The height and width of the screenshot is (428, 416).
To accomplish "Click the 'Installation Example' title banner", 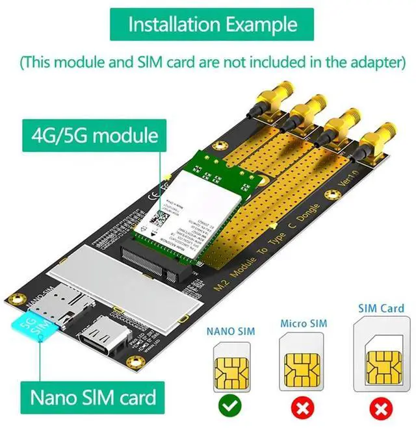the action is point(212,25).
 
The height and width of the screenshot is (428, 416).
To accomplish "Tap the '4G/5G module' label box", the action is point(95,136).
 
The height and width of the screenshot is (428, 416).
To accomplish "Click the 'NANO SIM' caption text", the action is point(231,331).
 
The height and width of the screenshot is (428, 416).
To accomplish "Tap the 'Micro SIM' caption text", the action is point(304,323).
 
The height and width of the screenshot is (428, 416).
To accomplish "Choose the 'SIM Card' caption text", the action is point(381,308).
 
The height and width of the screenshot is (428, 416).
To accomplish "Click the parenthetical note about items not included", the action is point(212,62).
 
